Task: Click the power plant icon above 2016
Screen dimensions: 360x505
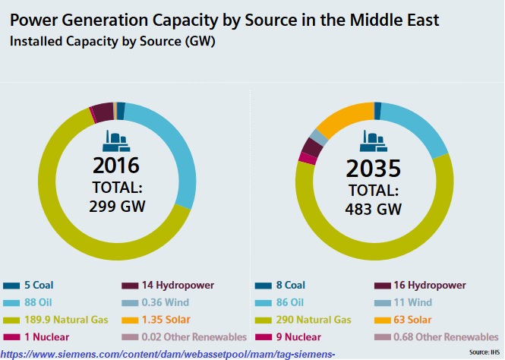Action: click(x=116, y=141)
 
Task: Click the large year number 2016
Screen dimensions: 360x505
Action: click(x=116, y=166)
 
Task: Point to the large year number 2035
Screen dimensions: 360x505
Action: click(x=374, y=168)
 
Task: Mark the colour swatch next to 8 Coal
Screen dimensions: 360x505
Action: click(x=266, y=286)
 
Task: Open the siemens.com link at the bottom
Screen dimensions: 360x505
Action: click(x=168, y=354)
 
